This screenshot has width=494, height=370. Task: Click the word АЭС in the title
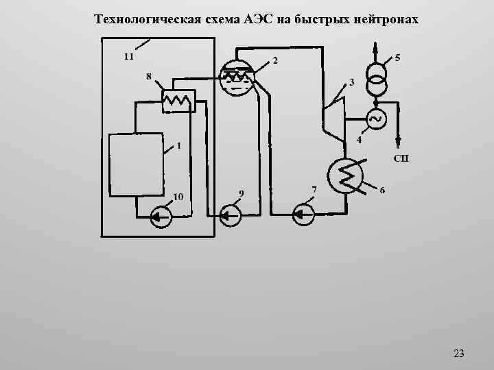[257, 18]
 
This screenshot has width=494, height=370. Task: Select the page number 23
[459, 354]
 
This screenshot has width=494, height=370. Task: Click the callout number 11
[128, 56]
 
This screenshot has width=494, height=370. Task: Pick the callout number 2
[275, 61]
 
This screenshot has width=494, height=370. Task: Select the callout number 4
[359, 140]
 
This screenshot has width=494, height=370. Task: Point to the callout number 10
[178, 197]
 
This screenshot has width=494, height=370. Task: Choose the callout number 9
[240, 193]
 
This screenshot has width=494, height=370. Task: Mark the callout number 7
[314, 188]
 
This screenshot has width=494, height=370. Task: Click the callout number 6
[382, 189]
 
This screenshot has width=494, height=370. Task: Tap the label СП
[401, 159]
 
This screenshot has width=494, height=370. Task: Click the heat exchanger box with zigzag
[178, 101]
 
